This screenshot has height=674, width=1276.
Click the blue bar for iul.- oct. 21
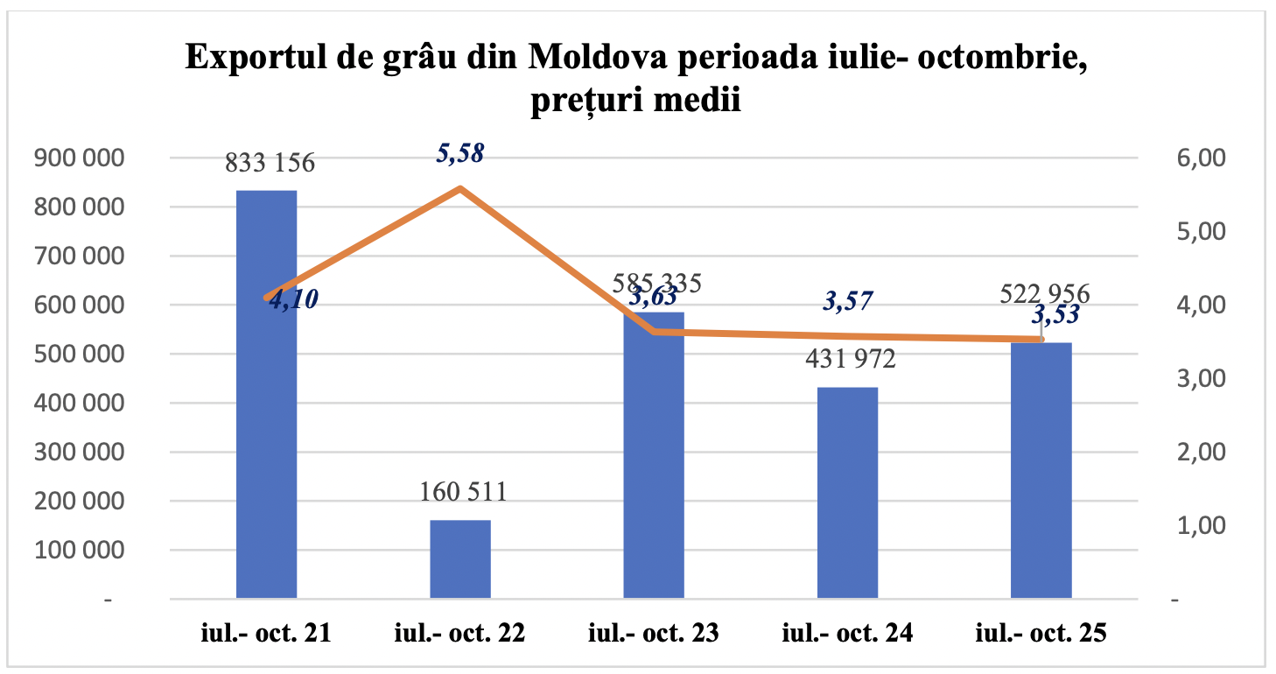pos(267,394)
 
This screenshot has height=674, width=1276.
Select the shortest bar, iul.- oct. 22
pos(460,559)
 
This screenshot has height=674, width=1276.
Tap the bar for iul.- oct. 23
pos(654,455)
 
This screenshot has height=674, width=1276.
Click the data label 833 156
pos(270,164)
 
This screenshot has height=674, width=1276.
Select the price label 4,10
pos(294,299)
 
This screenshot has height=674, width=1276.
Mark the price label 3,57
pos(848,302)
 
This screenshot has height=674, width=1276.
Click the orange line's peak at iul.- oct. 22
pos(460,188)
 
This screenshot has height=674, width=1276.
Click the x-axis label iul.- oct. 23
pos(655,634)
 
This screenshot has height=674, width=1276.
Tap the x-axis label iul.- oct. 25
pos(1042,634)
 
